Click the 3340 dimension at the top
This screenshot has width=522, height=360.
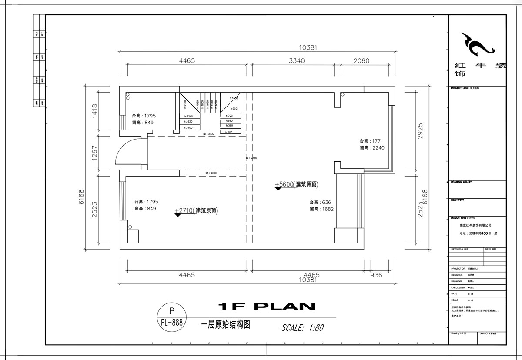pyautogui.click(x=296, y=61)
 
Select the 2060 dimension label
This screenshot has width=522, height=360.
pyautogui.click(x=361, y=61)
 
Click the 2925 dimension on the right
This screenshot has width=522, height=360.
pyautogui.click(x=420, y=130)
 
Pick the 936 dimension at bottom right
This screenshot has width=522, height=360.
pyautogui.click(x=376, y=275)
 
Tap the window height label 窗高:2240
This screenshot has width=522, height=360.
pyautogui.click(x=372, y=148)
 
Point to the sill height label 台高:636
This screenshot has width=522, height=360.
pyautogui.click(x=321, y=202)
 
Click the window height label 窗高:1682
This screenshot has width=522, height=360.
pyautogui.click(x=322, y=209)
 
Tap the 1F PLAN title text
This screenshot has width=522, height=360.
pyautogui.click(x=267, y=307)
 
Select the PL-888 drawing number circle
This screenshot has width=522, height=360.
pyautogui.click(x=171, y=317)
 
